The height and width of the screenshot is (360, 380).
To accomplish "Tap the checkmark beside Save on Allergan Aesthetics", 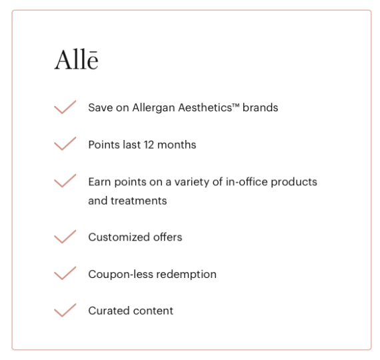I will pyautogui.click(x=65, y=108).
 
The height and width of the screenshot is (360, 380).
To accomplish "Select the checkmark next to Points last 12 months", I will pyautogui.click(x=65, y=145).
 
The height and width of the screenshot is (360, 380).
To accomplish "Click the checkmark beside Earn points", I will pyautogui.click(x=65, y=181).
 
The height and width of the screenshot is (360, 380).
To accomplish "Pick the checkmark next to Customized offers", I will pyautogui.click(x=65, y=237).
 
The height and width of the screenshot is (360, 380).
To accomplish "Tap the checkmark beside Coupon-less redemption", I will pyautogui.click(x=65, y=274).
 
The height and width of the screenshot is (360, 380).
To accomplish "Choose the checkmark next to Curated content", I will pyautogui.click(x=65, y=311).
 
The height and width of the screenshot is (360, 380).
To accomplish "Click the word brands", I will pyautogui.click(x=261, y=108).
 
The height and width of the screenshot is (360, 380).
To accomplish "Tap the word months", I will pyautogui.click(x=179, y=145).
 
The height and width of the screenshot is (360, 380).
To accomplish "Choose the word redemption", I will pyautogui.click(x=186, y=274).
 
